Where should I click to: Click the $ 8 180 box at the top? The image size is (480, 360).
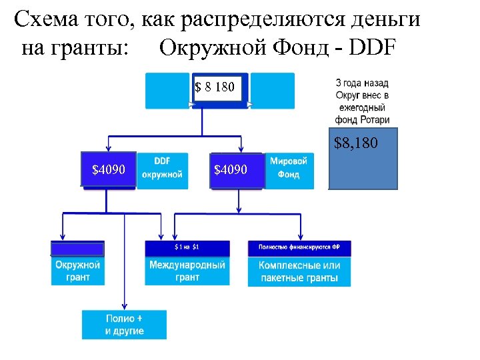pyautogui.click(x=215, y=87)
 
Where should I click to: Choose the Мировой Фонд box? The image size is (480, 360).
pyautogui.click(x=288, y=167)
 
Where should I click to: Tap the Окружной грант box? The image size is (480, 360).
pyautogui.click(x=77, y=271)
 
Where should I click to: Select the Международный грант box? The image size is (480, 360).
pyautogui.click(x=187, y=271)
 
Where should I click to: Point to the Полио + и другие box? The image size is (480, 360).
pyautogui.click(x=124, y=325)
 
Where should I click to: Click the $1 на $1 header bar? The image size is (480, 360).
pyautogui.click(x=187, y=247)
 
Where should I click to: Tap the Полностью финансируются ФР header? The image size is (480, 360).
pyautogui.click(x=299, y=247)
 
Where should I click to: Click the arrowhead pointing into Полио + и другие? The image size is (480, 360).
pyautogui.click(x=124, y=306)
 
